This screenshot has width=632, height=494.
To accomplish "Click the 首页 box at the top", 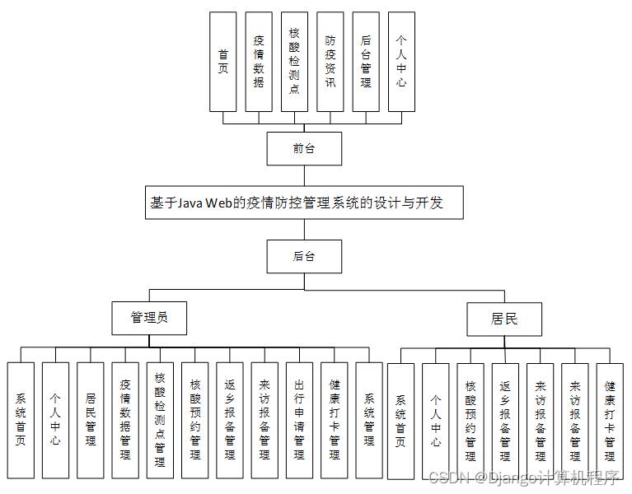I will [x=222, y=62].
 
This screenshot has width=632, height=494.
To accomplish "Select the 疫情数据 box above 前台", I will [x=259, y=62].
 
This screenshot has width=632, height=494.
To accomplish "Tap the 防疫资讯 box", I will [x=330, y=62].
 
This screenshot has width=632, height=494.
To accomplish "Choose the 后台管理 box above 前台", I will [x=366, y=62].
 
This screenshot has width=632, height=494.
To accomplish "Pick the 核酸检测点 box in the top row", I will [x=294, y=62].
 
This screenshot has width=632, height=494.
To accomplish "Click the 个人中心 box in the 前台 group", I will [x=401, y=62].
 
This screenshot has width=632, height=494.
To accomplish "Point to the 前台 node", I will [x=304, y=149].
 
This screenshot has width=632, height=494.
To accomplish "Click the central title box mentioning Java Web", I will [x=304, y=203].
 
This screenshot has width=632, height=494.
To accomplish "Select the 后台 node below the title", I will [x=304, y=256].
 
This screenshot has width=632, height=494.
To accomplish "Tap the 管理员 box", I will [x=149, y=318].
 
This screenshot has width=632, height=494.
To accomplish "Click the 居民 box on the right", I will [x=504, y=319].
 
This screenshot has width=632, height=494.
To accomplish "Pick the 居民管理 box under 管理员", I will [x=91, y=420].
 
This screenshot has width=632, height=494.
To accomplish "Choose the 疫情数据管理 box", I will [x=125, y=420].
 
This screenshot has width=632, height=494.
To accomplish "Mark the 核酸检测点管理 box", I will [x=160, y=420].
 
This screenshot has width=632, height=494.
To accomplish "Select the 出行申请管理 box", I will [x=299, y=420].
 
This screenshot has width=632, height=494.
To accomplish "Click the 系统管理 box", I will [x=369, y=420].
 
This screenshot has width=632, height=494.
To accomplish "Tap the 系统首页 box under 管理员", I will [x=21, y=420].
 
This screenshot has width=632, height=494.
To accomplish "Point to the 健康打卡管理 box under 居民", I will [x=610, y=421].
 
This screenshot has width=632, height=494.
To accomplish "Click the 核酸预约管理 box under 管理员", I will [x=195, y=420].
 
